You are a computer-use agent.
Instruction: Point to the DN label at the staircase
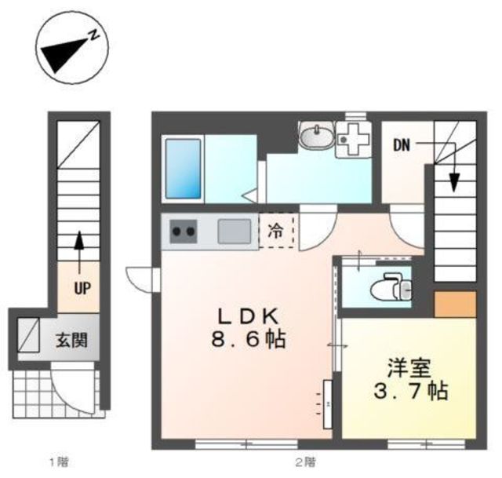[x=402, y=145]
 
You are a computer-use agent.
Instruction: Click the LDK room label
[x=248, y=316]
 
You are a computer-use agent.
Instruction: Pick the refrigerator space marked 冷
[x=276, y=232]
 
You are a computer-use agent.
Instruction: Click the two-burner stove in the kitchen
[x=184, y=232]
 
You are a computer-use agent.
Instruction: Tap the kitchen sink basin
[x=233, y=232]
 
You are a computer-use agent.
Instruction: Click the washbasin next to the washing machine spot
[x=316, y=136]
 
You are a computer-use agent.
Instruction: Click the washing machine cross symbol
[x=352, y=138]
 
